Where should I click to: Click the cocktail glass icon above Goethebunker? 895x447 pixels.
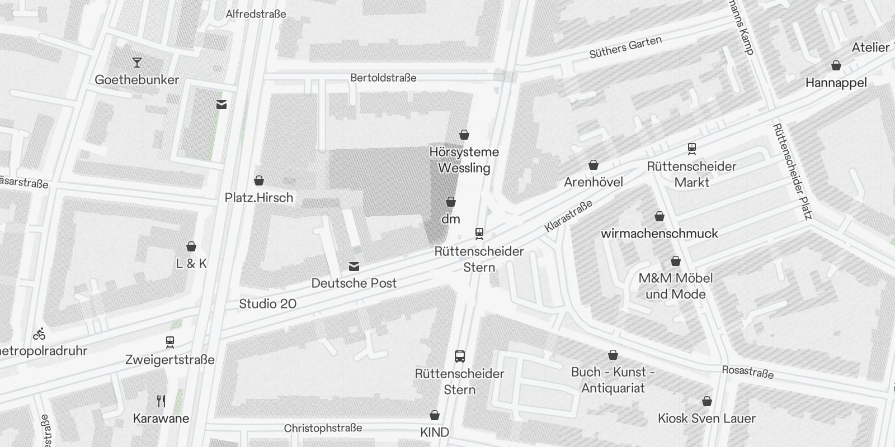coord(137,62)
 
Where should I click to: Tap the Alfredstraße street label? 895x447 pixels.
coord(256,14)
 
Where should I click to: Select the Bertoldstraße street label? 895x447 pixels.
coord(383,78)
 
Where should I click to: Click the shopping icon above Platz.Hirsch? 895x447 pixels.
coord(259,180)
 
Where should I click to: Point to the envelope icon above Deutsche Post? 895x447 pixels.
coord(354,267)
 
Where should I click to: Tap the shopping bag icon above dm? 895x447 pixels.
coord(451,202)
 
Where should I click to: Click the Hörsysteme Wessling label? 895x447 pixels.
coord(464,160)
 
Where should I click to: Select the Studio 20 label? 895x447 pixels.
coord(267,304)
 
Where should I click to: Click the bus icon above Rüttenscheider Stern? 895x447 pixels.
coord(460,356)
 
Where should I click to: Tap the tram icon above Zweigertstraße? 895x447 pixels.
coord(170,342)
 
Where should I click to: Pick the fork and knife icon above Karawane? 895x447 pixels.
coord(161,401)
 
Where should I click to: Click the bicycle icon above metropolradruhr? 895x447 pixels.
coord(39,335)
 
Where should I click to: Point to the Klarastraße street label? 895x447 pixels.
coord(568,217)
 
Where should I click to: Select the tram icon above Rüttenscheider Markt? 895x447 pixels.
coord(692,149)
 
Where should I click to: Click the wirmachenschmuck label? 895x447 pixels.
coord(659,234)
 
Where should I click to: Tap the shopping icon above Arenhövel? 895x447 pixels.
coord(593,165)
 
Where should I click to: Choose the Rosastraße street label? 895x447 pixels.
coord(747,372)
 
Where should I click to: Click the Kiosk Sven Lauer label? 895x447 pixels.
coord(706,419)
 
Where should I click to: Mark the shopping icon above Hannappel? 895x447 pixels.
coord(836,66)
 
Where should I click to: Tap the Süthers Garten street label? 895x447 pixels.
coord(625,47)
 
